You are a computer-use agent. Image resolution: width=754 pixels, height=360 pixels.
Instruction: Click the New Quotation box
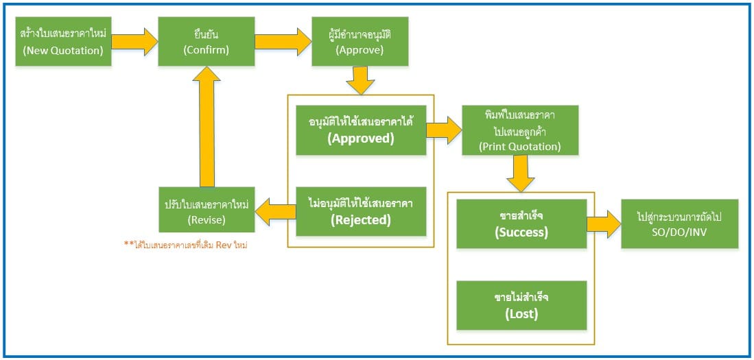[63, 41]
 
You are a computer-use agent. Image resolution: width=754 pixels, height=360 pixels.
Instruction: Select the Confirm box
[206, 41]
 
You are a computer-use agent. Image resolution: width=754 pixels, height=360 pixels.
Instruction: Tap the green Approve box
[360, 41]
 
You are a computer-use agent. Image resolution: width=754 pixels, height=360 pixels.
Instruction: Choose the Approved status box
[360, 130]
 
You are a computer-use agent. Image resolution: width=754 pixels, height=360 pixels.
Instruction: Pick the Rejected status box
[360, 211]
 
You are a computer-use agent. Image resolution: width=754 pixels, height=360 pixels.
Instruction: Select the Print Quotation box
[519, 130]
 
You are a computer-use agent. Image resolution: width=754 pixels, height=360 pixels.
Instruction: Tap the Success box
[521, 224]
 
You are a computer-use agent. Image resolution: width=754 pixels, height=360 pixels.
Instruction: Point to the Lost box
[521, 305]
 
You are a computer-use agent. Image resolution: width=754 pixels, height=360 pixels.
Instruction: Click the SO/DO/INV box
[679, 224]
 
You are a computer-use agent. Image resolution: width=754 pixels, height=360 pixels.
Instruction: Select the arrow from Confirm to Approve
[283, 41]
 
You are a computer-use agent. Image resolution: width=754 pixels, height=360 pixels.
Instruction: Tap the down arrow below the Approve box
[360, 80]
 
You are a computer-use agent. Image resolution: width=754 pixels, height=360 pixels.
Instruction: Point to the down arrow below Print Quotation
[520, 174]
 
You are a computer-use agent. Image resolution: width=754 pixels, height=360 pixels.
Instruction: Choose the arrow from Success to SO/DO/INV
[604, 224]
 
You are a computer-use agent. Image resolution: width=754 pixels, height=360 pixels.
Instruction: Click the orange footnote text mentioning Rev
[185, 244]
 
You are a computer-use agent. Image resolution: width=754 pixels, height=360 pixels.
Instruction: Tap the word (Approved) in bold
[360, 138]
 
